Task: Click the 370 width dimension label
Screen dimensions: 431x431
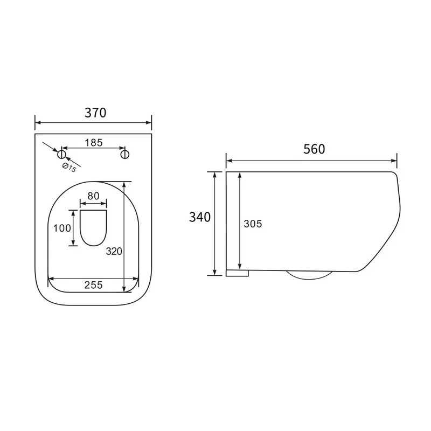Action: tap(95, 113)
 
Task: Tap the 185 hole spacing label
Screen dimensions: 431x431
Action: tap(94, 143)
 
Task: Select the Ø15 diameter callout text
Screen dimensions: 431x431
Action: tap(69, 168)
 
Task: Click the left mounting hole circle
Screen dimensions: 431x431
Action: tap(62, 154)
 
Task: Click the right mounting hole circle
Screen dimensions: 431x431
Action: tap(125, 154)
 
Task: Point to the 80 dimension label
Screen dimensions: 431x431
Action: tap(93, 196)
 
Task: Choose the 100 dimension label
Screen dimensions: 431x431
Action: tap(62, 228)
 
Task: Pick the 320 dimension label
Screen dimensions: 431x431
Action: tap(114, 251)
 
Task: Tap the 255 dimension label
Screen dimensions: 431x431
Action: tap(93, 285)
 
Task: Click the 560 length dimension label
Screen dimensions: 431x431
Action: tap(314, 149)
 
